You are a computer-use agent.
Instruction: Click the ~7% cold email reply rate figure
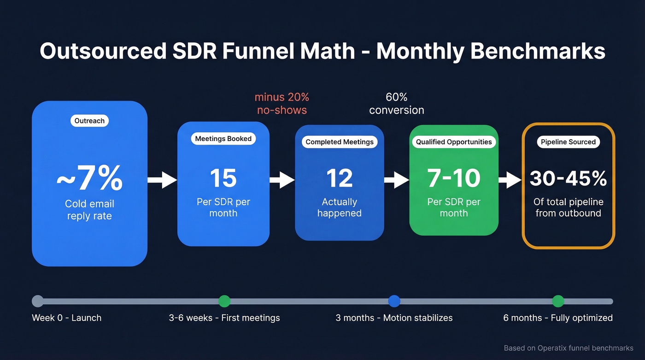tap(89, 179)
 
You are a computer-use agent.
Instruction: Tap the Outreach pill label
tap(89, 121)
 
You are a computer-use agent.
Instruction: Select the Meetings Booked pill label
tap(223, 139)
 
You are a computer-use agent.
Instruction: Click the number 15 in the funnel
tap(223, 178)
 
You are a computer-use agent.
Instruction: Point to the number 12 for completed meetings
tap(339, 178)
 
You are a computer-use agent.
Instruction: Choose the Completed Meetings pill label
tap(340, 142)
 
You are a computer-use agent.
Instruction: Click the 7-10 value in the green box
tap(454, 178)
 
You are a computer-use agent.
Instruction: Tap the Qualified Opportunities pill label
tap(454, 142)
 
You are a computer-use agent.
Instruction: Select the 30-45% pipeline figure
tap(568, 178)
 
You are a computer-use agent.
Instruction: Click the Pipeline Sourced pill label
tap(568, 142)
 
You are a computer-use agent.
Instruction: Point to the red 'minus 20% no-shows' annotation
tap(281, 104)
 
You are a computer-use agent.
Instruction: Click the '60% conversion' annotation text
tap(397, 104)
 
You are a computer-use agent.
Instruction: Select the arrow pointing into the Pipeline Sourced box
tap(510, 180)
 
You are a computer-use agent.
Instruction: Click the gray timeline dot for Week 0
tap(38, 301)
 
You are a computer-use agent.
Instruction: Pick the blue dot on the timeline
tap(394, 301)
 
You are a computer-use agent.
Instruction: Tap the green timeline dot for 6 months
tap(558, 301)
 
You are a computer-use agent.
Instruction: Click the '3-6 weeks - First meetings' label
tap(224, 318)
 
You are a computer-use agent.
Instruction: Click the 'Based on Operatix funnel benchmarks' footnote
tap(569, 348)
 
